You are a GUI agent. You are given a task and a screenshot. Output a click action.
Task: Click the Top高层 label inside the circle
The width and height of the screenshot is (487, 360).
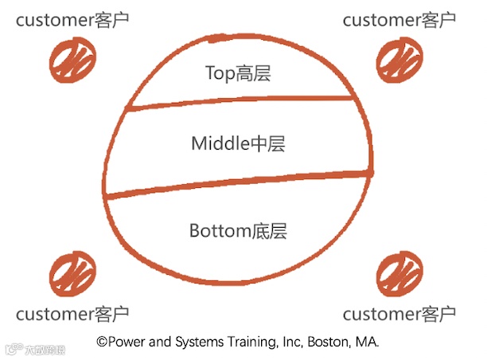point(238,74)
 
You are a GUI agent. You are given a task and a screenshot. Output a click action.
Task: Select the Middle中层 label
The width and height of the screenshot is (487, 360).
point(238,145)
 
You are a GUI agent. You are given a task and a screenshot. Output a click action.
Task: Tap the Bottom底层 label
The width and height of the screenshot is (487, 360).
point(238,232)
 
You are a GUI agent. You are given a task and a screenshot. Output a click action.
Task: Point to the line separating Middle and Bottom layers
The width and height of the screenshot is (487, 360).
point(239,183)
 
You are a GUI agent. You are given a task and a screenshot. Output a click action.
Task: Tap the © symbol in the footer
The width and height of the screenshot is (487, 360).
point(102,341)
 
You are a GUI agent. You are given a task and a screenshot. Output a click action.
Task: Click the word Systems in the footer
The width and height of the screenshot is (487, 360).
point(194,342)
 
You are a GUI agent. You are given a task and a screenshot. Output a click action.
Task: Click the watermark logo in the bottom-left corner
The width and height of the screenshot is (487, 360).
point(14,349)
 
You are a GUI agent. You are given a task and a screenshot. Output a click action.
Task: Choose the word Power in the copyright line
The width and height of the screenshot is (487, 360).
point(126,341)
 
